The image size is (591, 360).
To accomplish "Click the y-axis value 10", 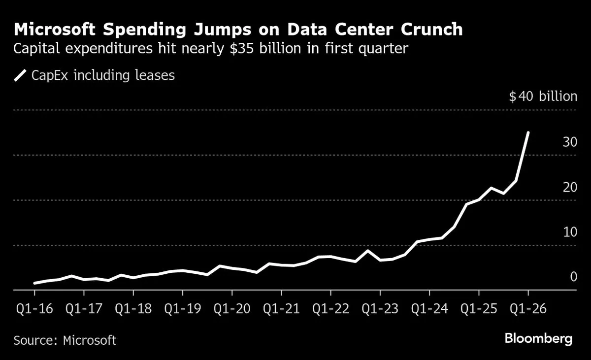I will click(x=570, y=231).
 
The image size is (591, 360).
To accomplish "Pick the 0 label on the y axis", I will click(x=573, y=277).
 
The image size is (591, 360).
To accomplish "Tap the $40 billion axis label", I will click(x=543, y=96).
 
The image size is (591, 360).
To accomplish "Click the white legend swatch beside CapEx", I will click(x=20, y=75).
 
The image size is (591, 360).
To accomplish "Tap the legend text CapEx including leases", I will click(x=103, y=75).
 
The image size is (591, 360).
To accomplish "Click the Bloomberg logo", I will click(x=538, y=339).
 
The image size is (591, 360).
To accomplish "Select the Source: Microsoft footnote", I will click(x=65, y=340).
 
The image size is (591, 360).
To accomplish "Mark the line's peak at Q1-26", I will click(x=528, y=132).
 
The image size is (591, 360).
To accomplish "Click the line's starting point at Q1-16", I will click(x=34, y=283).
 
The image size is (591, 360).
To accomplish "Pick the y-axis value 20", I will click(x=570, y=187).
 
